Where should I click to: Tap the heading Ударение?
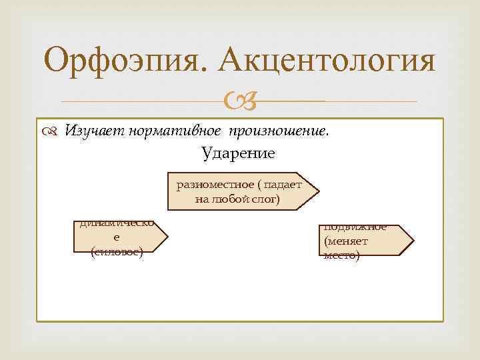point(238,153)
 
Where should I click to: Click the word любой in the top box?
point(230,199)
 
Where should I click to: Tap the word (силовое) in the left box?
point(117,252)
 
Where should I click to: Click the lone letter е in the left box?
point(117,238)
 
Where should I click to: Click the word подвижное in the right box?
point(355,227)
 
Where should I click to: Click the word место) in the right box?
point(342,255)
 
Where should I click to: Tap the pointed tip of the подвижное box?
point(413,239)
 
